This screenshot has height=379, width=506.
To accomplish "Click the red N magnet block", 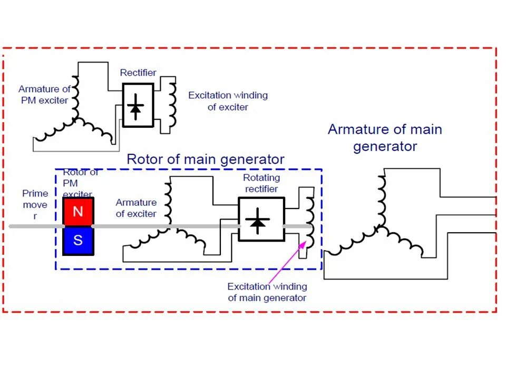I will click(78, 212).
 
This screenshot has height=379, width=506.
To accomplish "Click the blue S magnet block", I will click(78, 241).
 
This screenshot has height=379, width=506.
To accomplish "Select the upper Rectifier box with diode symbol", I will click(138, 105).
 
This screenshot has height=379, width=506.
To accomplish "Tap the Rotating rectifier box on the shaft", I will click(261, 219).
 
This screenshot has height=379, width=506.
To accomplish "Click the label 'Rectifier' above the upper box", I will click(138, 73).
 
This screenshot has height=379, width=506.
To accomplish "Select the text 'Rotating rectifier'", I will click(262, 183).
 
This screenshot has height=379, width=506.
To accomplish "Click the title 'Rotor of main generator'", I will click(206, 159).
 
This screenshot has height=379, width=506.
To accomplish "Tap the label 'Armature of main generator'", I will click(385, 137).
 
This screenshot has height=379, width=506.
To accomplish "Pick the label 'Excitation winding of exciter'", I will click(228, 101).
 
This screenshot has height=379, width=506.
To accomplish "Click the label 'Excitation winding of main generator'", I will click(267, 292).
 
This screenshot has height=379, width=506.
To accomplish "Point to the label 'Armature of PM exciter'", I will click(44, 95).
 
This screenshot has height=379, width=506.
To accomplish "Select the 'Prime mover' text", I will click(35, 204).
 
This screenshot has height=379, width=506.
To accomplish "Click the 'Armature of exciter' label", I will click(136, 208).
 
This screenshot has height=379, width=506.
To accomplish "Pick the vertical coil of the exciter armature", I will click(168, 203).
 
